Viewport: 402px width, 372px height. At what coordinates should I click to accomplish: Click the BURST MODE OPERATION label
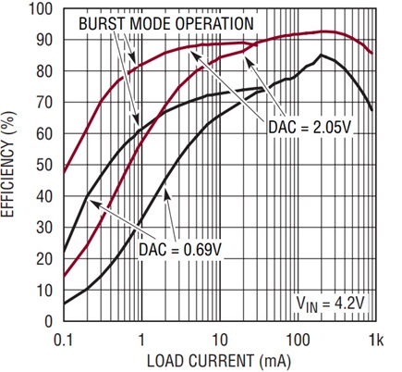click(166, 23)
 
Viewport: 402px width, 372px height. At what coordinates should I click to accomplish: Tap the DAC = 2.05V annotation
click(310, 127)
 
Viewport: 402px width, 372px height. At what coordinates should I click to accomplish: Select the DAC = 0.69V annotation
click(180, 249)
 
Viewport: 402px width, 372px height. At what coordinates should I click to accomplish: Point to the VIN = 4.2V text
click(330, 304)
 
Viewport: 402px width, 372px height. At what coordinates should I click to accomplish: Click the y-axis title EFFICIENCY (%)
click(8, 165)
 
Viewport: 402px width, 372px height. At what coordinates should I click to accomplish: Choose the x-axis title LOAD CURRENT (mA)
click(219, 361)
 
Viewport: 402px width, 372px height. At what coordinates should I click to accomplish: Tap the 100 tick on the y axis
click(41, 9)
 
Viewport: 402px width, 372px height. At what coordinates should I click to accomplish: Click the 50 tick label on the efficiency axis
click(44, 165)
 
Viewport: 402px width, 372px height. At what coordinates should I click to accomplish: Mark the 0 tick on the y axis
click(49, 321)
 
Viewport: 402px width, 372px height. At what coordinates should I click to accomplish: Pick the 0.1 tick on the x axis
click(63, 341)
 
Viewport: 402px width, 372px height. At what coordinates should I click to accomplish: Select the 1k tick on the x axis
click(376, 341)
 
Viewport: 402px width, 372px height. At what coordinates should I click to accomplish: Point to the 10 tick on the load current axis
click(220, 341)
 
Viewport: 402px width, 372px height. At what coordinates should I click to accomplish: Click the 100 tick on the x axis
click(298, 341)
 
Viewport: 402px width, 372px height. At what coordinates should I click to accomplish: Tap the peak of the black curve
click(322, 55)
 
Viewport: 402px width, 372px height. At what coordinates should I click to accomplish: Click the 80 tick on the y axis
click(44, 71)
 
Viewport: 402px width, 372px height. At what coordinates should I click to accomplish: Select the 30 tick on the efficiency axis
click(44, 228)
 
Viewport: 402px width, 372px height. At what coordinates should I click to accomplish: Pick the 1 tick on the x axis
click(141, 341)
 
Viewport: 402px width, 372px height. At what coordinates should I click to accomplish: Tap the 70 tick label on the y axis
click(44, 103)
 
